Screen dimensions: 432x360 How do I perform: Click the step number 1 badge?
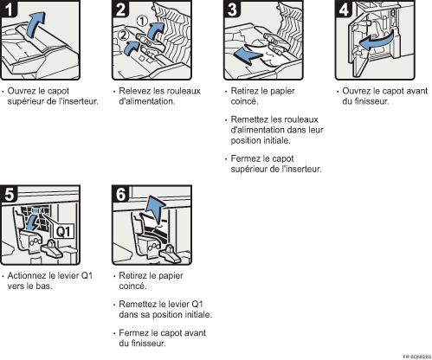pos(9,9)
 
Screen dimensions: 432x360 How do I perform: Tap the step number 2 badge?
pos(120,9)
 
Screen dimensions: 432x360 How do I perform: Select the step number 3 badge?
pos(232,9)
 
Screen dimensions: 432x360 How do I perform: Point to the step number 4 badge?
pos(344,9)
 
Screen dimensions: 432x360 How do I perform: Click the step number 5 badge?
pos(9,194)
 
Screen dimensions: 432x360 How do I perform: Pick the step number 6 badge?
pos(120,194)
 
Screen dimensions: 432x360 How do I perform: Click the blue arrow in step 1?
pos(35,24)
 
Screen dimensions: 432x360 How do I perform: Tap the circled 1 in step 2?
pos(142,21)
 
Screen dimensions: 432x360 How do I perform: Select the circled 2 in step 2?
pos(123,35)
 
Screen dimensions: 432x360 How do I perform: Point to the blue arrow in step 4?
pos(377,41)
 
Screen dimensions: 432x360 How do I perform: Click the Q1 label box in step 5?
pos(63,232)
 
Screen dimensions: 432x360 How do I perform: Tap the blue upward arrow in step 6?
pos(155,209)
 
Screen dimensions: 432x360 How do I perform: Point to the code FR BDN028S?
pos(416,357)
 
